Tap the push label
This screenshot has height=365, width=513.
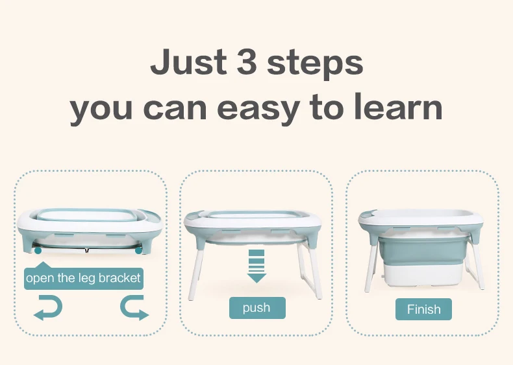[256, 308]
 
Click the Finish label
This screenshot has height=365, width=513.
[423, 309]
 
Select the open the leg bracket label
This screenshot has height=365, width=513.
[83, 278]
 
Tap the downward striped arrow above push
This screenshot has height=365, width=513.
[257, 266]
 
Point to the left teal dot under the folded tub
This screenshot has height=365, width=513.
[38, 250]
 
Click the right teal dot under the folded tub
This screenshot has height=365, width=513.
[139, 250]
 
